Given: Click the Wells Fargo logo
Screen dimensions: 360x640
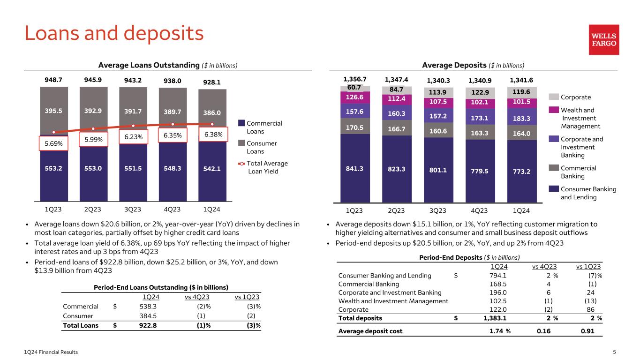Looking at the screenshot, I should pyautogui.click(x=604, y=40).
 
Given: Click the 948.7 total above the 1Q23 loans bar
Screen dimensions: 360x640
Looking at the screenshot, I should pyautogui.click(x=53, y=80).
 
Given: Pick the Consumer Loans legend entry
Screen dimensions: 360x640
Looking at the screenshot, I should pyautogui.click(x=255, y=147).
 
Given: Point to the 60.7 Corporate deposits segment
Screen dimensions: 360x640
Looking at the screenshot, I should pyautogui.click(x=354, y=88).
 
